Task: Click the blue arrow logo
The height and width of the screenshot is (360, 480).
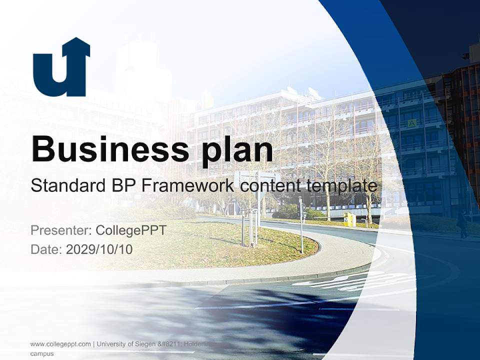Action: (61, 68)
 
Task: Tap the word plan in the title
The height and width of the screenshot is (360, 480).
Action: (237, 150)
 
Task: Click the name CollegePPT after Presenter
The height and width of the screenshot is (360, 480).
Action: (131, 230)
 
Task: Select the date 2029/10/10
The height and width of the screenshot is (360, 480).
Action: (99, 249)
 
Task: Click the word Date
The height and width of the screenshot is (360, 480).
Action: (45, 249)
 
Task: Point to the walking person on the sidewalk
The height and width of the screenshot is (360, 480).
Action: (462, 223)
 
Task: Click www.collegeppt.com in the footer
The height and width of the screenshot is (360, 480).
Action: (60, 344)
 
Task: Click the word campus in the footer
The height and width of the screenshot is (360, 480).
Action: (42, 353)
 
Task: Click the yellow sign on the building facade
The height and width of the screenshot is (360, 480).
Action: (412, 123)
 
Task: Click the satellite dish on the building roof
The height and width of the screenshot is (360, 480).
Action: (314, 92)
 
